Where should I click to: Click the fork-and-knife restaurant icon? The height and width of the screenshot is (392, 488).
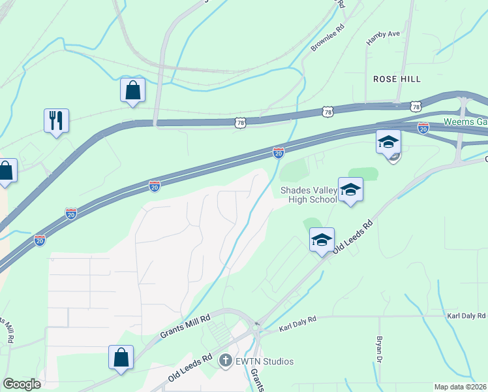pos(57,120)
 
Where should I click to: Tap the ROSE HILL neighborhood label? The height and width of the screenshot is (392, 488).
pos(397,78)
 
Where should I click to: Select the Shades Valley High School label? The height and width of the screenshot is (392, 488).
pos(308,195)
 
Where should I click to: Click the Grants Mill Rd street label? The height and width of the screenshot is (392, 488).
pos(186,327)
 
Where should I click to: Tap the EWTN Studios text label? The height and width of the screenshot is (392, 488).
pos(265,361)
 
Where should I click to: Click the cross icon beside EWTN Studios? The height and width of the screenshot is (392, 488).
pos(226,361)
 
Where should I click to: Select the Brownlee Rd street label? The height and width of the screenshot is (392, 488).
pos(328,39)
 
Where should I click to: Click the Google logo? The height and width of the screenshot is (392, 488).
pos(22,384)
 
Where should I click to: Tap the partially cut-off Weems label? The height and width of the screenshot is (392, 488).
pos(465,122)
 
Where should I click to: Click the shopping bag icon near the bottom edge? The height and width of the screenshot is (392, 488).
pos(121,357)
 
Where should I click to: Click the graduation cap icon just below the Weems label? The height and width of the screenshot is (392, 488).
pos(388,141)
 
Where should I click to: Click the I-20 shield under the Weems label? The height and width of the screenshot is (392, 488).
pos(423,128)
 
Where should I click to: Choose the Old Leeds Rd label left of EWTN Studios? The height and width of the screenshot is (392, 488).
pos(191,368)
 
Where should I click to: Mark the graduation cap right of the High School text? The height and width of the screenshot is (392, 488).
pos(350,190)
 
